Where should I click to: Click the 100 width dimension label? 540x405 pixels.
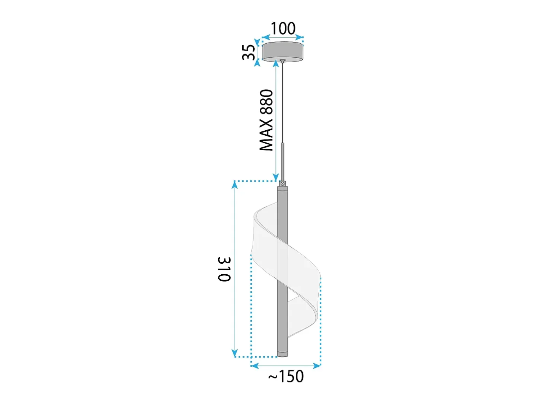283,28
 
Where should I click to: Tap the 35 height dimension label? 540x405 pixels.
249,52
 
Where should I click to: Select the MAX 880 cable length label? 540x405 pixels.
267,120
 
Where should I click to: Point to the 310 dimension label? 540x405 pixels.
224,269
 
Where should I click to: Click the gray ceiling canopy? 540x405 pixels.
283,51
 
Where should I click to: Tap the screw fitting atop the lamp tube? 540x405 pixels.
283,184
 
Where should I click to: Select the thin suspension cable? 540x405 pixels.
283,103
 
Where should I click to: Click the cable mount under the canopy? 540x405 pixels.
283,61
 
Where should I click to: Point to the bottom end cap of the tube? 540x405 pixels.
283,354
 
